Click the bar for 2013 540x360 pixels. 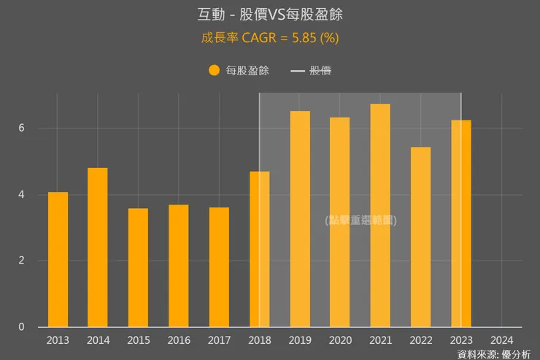pos(58,259)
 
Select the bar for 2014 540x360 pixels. pos(98,248)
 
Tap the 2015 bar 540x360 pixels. pos(138,267)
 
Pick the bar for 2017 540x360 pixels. pos(219,267)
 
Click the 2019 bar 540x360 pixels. pos(300,219)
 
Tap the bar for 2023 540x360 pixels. pos(461,223)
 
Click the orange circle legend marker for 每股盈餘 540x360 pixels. pos(214,71)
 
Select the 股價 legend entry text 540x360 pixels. pos(321,71)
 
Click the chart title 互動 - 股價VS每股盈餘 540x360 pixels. pos(269,15)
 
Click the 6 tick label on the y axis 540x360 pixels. pos(22,128)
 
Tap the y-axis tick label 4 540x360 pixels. pos(22,194)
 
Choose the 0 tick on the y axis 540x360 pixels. pos(22,327)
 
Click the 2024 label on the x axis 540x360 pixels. pos(501,340)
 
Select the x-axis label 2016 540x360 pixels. pos(179,340)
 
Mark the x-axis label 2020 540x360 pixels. pos(340,340)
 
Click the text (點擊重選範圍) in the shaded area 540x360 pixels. pos(360,219)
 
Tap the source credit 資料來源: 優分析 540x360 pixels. pos(494,354)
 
